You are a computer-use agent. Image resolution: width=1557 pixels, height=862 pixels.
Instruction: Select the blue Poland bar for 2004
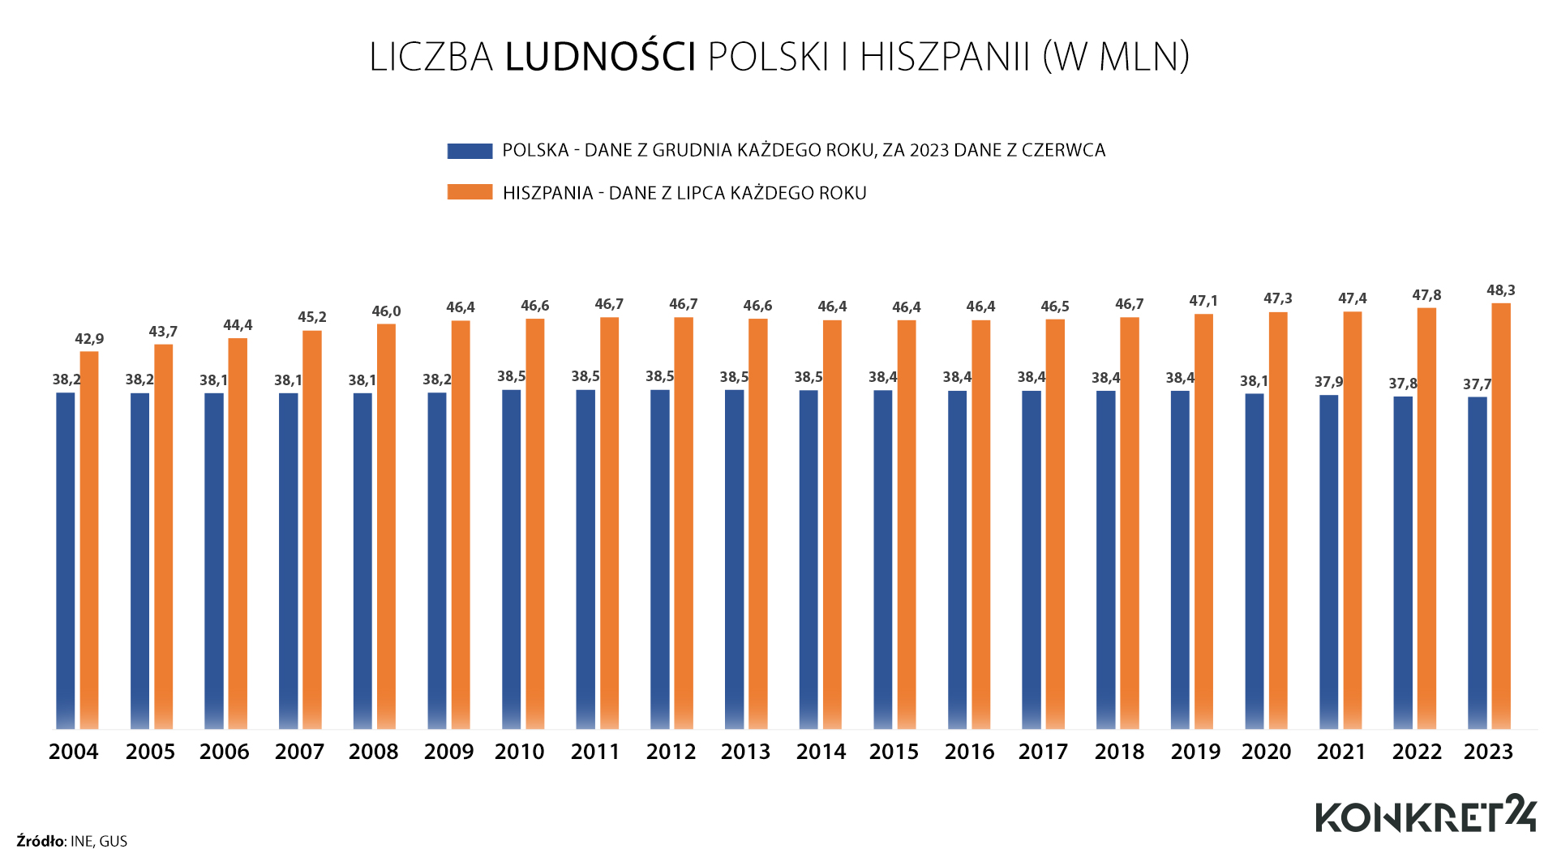coord(66,560)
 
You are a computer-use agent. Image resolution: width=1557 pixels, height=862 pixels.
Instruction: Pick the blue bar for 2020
coord(1254,560)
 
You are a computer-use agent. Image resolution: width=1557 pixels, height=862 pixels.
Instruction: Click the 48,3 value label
coord(1500,290)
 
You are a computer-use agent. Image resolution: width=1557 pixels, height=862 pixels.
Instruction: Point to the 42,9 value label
coord(89,339)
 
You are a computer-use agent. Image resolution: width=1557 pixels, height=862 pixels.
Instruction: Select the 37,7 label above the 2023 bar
coord(1476,384)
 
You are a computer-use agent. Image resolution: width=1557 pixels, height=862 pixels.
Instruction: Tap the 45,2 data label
coord(311,317)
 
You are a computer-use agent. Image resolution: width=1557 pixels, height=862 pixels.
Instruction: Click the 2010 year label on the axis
coord(520,752)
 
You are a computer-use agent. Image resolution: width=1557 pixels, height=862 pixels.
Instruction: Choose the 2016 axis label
coord(969,752)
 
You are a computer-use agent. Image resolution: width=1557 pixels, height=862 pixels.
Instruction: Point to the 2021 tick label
coord(1341,752)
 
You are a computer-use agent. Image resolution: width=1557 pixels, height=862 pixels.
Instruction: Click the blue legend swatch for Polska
coord(470,151)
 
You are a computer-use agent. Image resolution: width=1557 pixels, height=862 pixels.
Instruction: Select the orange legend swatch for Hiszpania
coord(470,192)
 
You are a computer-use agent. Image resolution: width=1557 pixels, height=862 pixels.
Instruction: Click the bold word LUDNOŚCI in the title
coord(600,57)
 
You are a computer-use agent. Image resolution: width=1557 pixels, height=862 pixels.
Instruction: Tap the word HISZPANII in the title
coord(945,57)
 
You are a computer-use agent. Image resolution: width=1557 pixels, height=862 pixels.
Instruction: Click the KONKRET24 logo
coord(1426,815)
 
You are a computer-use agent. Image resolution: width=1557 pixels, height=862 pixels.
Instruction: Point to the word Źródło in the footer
coord(40,841)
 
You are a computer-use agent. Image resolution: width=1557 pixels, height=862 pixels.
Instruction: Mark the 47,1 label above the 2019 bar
coord(1203,301)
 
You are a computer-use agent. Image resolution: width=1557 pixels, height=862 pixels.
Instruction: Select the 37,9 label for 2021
coord(1328,382)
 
